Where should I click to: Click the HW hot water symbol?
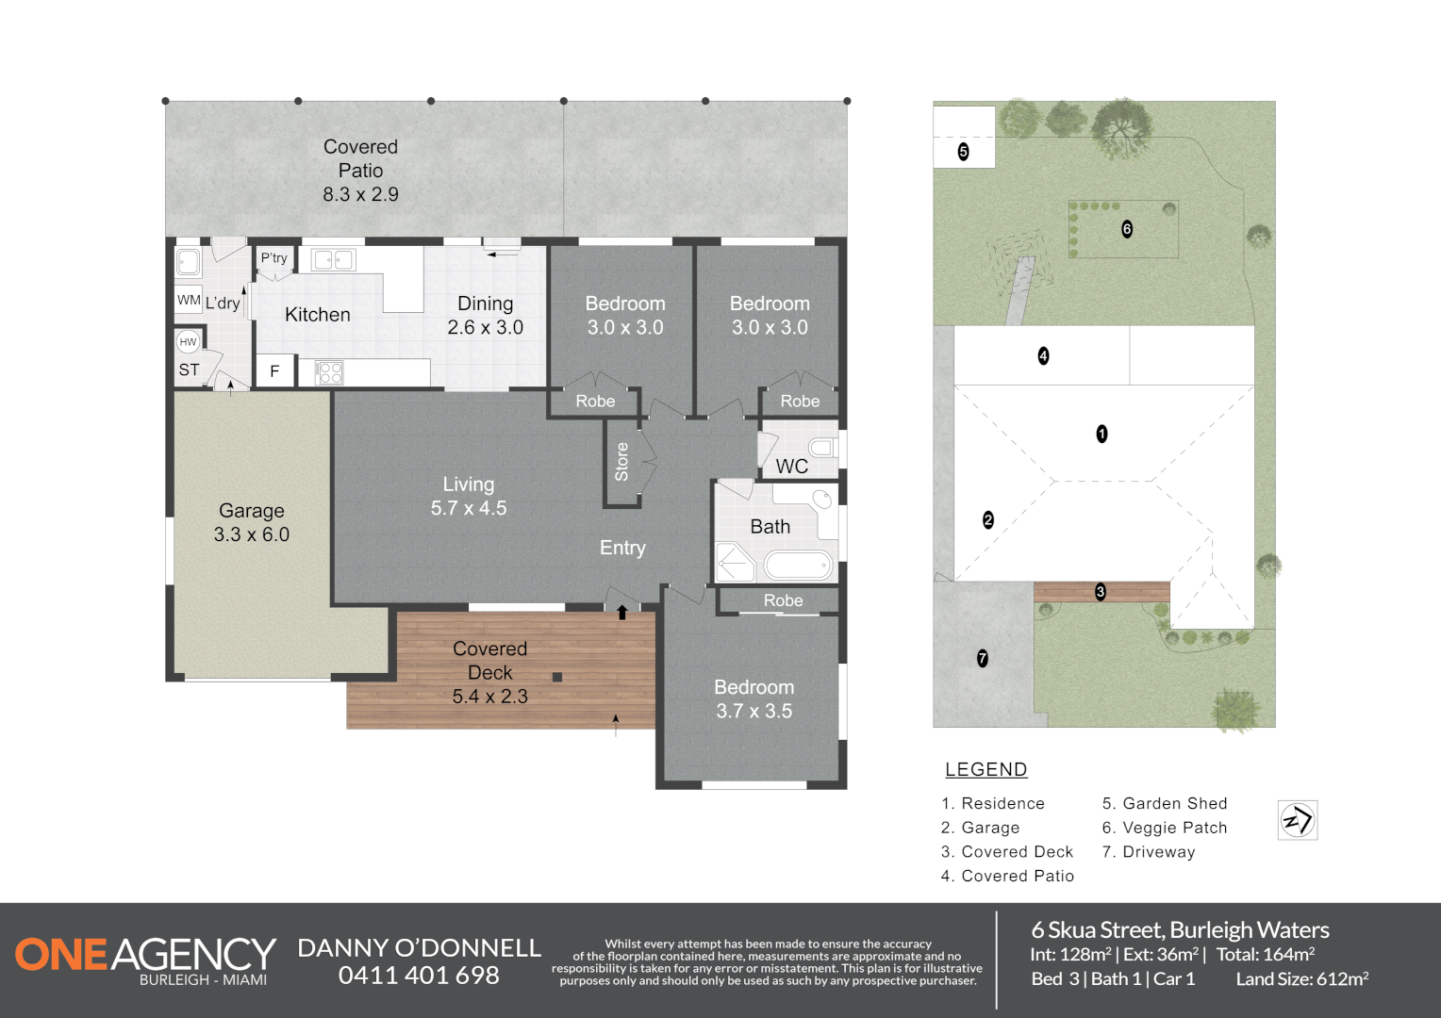(188, 341)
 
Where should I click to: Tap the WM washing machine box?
(189, 300)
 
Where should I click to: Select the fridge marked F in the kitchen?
(274, 371)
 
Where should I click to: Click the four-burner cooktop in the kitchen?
(329, 372)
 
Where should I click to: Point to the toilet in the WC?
(824, 447)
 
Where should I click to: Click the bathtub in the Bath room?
(799, 566)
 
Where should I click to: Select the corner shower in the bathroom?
(736, 562)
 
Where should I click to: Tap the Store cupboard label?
(621, 462)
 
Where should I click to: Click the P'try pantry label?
(274, 258)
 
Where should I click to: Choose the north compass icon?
(1298, 820)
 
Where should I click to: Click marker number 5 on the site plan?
(963, 152)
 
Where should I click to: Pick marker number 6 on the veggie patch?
(1126, 229)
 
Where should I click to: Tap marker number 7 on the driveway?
(983, 658)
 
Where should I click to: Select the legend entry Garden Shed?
(1165, 803)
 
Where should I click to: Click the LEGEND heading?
(986, 769)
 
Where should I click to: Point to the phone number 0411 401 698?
(419, 976)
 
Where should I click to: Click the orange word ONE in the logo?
(61, 954)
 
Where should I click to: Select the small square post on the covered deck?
(557, 677)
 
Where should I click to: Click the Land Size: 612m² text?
(1302, 978)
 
